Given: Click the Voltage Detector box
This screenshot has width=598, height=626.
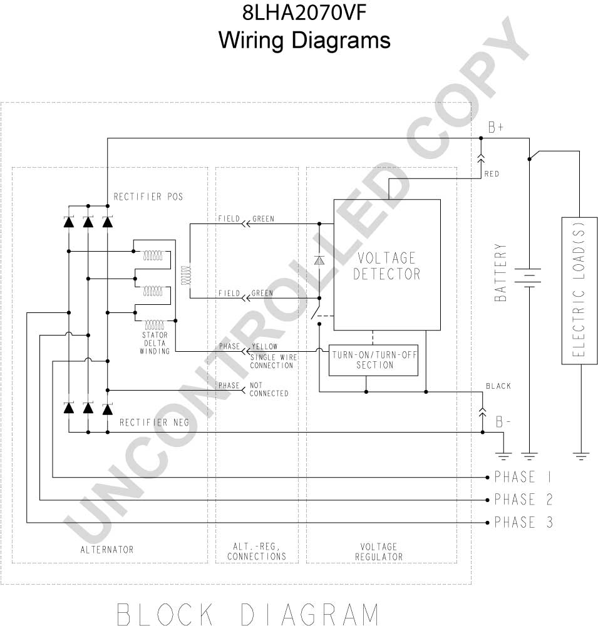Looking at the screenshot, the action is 387,265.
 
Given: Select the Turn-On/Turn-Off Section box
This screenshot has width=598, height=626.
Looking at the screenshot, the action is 373,360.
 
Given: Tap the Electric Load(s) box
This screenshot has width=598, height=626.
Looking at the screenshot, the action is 579,290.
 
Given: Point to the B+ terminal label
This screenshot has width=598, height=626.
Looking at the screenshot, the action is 496,127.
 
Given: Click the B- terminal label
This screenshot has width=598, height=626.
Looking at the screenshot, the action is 503,421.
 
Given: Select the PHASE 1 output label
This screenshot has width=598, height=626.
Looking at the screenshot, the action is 523,476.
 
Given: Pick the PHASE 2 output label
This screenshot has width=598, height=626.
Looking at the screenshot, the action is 523,500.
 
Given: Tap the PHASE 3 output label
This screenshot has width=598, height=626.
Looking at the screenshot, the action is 523,522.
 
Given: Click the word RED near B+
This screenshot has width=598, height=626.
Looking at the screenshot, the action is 492,173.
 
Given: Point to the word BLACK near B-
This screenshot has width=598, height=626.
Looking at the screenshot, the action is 498,386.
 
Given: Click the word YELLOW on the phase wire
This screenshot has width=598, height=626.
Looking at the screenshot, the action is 264,347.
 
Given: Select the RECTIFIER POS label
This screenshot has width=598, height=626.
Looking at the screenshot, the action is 148,197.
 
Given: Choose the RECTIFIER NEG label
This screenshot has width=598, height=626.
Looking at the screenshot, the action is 154,423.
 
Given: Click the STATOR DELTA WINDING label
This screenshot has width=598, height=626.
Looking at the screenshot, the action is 155,343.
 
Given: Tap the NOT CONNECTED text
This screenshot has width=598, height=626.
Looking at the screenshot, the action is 269,389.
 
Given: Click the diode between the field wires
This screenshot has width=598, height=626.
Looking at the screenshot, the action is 319,260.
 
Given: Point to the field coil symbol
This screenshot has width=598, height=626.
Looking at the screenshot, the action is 187,275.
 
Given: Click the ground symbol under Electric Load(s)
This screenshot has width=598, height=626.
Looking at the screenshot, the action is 581,456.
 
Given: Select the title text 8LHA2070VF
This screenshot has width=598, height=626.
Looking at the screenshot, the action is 304,13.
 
